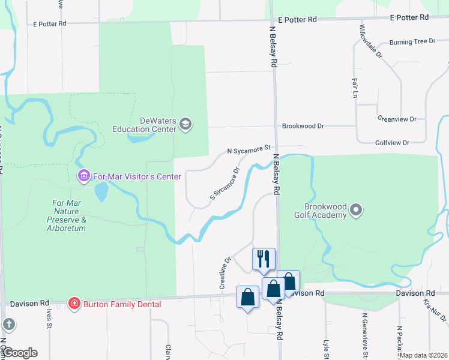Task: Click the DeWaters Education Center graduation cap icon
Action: click(185, 124)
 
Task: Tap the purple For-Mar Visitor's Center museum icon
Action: click(83, 176)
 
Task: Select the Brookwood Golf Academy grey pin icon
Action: click(357, 210)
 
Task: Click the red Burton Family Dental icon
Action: click(74, 304)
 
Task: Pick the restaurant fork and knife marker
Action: click(264, 259)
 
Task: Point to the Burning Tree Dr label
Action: click(412, 42)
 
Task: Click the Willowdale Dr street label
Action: click(370, 41)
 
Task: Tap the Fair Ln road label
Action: click(355, 88)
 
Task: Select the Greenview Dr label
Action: click(397, 119)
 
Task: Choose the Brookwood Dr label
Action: click(303, 127)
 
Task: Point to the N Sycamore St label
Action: click(249, 148)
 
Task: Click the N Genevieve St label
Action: click(364, 333)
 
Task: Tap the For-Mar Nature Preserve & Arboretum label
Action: click(68, 215)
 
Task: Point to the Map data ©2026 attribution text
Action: click(423, 355)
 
